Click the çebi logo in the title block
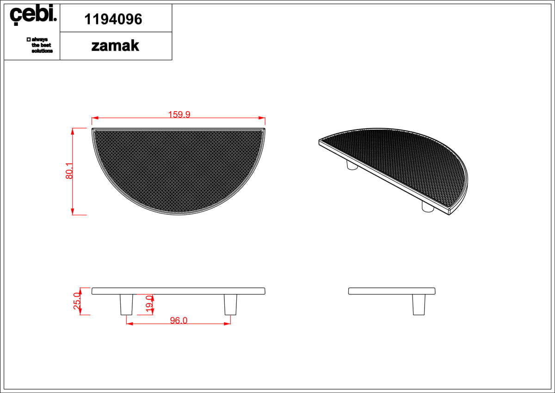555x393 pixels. [33, 15]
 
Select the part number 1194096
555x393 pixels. [113, 19]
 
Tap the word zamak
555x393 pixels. [115, 46]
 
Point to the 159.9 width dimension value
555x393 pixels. [179, 114]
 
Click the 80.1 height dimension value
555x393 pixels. [69, 171]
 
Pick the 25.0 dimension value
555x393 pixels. [77, 301]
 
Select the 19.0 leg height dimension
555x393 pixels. [149, 304]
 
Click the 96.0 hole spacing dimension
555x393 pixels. [179, 320]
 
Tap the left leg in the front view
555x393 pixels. [126, 305]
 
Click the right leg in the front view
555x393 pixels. [230, 305]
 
